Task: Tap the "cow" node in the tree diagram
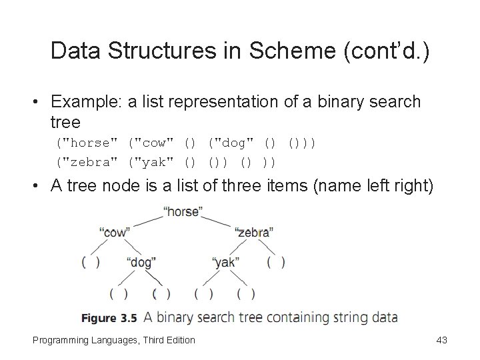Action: pos(114,231)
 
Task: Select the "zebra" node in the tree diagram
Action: pos(254,231)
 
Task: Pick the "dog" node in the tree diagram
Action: pos(141,262)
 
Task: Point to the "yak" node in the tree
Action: pos(225,262)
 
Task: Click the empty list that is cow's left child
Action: pos(91,262)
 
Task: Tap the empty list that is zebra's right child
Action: pos(275,262)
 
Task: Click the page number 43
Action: pos(441,341)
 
